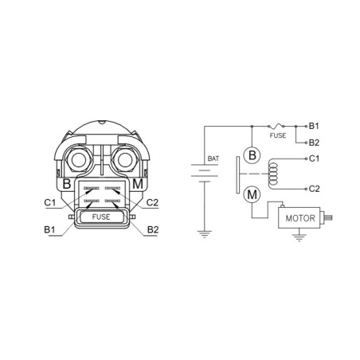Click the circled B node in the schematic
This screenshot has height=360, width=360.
[x=252, y=155]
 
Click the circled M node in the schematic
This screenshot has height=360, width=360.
[x=252, y=194]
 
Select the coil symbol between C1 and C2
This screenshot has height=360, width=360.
[x=272, y=174]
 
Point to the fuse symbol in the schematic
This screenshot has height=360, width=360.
[x=276, y=126]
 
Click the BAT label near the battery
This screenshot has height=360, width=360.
[x=213, y=158]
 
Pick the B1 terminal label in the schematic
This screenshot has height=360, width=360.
[x=314, y=126]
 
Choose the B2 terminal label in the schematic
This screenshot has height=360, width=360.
[x=314, y=143]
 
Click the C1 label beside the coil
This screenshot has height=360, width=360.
[x=314, y=158]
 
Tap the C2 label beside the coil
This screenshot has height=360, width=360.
[x=315, y=189]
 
